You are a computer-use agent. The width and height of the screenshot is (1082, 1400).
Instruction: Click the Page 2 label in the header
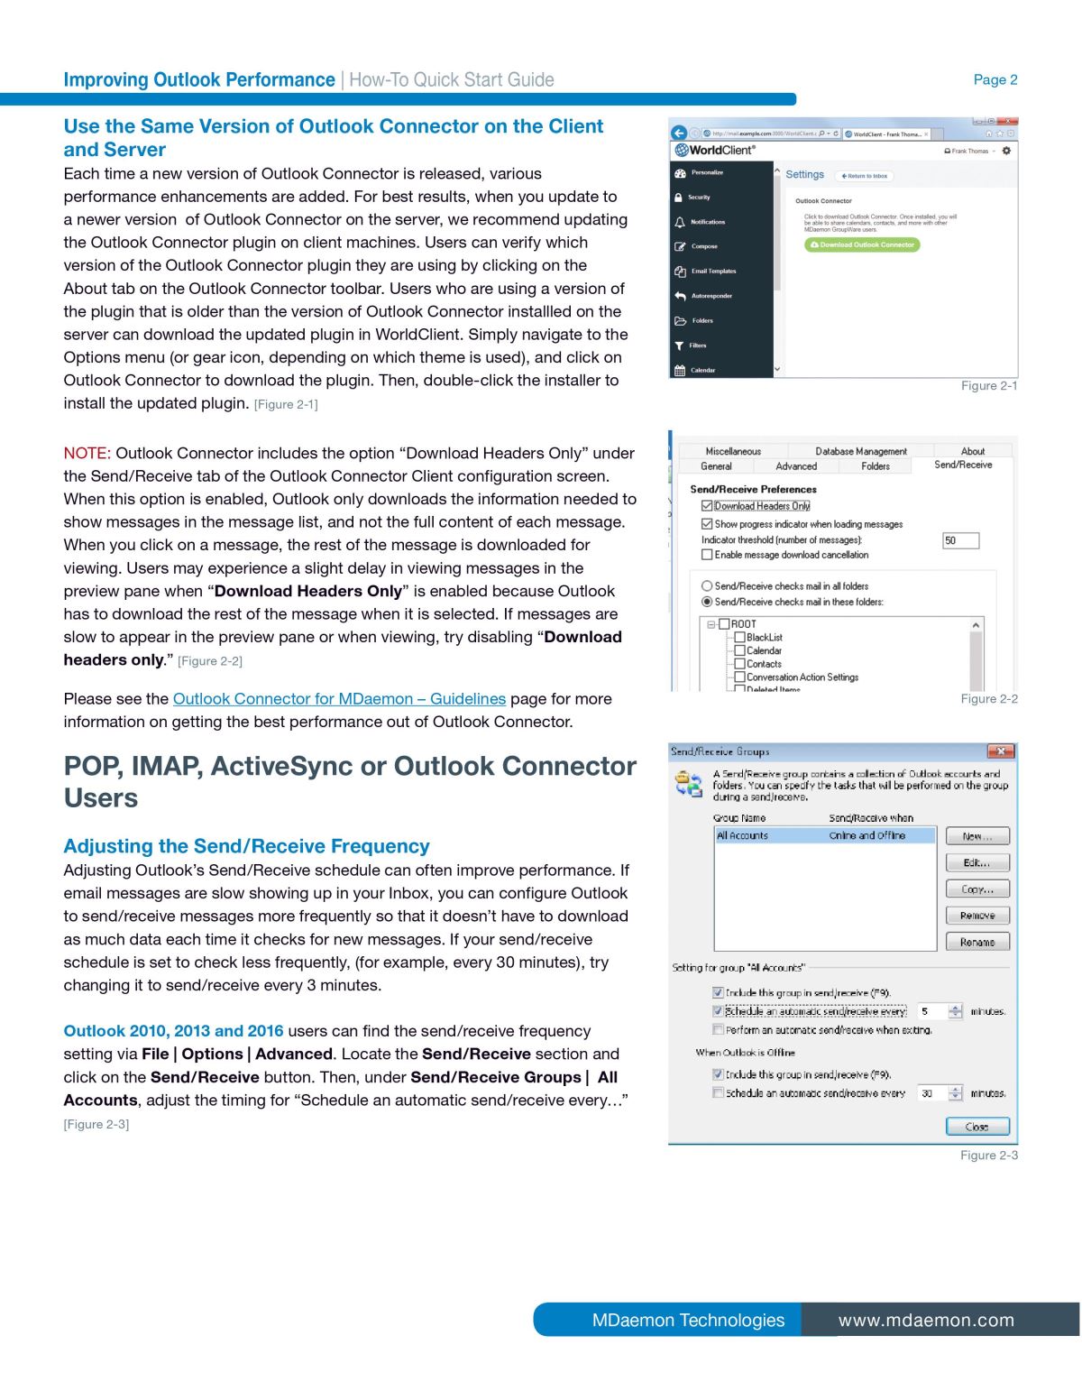coord(995,79)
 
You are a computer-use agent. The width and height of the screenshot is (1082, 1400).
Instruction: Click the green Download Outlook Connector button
coord(862,244)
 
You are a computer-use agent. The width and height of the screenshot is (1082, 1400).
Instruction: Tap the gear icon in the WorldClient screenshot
coord(1006,151)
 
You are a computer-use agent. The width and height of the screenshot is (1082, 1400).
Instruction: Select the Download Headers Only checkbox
coord(707,506)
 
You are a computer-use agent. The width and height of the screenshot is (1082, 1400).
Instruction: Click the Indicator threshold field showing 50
coord(959,540)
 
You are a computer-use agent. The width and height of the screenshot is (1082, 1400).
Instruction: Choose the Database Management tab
coord(860,451)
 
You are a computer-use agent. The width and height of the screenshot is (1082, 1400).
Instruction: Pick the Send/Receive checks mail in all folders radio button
coord(707,586)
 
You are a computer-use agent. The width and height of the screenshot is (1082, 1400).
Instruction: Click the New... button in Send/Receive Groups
coord(977,836)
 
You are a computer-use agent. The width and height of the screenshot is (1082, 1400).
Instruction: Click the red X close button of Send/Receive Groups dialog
coord(1000,751)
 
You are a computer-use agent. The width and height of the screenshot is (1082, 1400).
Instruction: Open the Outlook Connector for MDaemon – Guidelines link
coord(339,699)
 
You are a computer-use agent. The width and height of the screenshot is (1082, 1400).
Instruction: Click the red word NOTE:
coord(87,453)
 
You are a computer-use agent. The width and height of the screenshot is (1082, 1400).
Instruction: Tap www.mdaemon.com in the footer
coord(926,1321)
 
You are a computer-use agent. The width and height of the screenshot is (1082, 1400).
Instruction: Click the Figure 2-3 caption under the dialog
coord(988,1156)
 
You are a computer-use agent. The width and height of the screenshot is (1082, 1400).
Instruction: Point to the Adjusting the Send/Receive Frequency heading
coord(246,846)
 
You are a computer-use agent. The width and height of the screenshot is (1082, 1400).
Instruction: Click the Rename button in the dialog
coord(977,942)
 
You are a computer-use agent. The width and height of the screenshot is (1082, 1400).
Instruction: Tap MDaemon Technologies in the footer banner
coord(688,1321)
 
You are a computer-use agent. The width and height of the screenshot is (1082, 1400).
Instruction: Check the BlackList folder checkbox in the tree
coord(740,638)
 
